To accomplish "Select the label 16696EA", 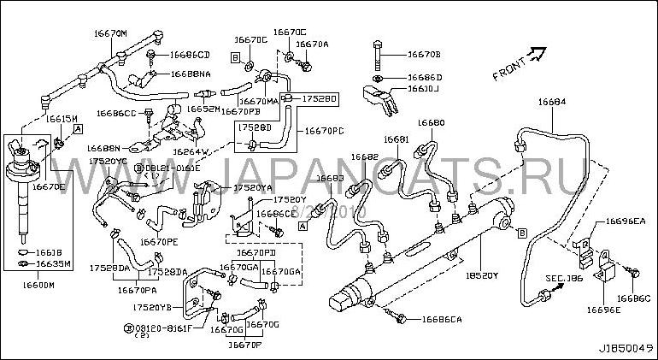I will (626, 221).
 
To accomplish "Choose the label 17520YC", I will (109, 161).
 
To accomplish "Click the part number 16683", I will (331, 179).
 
